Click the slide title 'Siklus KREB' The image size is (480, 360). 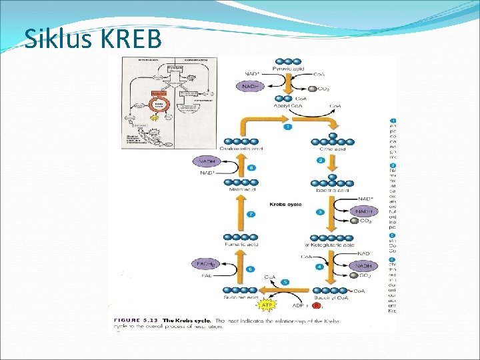[x=93, y=39]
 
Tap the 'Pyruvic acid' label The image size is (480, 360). [x=289, y=69]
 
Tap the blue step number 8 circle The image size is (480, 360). [x=251, y=168]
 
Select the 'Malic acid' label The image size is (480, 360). [x=243, y=190]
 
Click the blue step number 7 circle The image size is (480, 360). [x=251, y=214]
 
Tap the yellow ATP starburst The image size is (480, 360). [x=267, y=305]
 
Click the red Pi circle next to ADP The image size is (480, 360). [x=317, y=307]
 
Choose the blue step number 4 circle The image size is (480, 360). [x=320, y=267]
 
